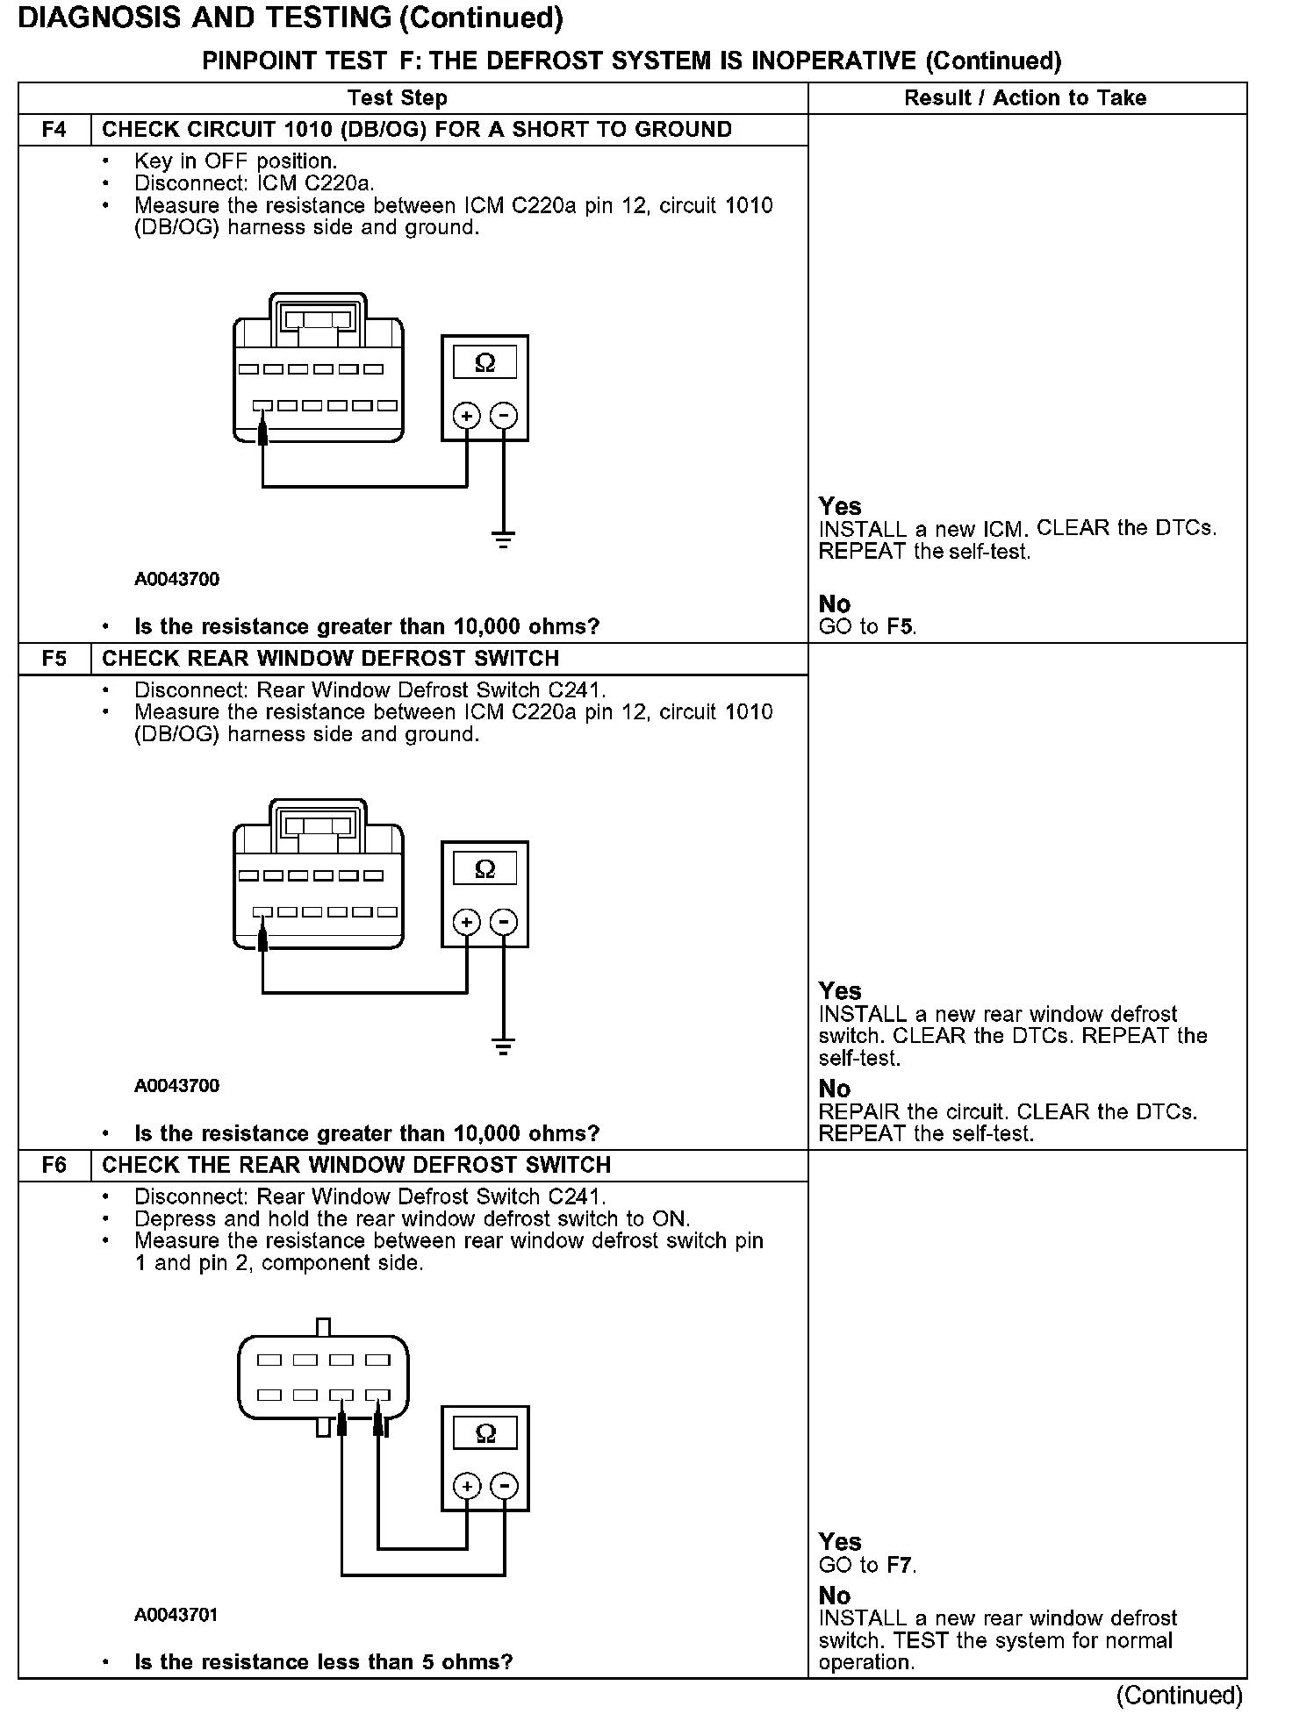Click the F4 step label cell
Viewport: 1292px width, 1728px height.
(x=54, y=130)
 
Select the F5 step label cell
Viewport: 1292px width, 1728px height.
(x=54, y=659)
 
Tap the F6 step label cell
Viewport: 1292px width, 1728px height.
(x=54, y=1165)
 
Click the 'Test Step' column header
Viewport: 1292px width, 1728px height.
(x=398, y=98)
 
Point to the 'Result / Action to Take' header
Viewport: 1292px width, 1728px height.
(x=1025, y=98)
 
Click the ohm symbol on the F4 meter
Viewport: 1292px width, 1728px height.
(x=484, y=362)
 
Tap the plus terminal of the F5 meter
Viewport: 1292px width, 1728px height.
(x=467, y=922)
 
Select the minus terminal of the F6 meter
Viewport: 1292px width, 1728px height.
(x=504, y=1486)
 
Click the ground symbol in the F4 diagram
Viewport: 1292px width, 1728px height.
(x=503, y=539)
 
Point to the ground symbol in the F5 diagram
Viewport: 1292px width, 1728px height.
(x=503, y=1046)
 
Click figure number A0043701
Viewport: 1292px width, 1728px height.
(x=176, y=1615)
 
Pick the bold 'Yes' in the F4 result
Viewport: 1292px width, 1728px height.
(x=840, y=506)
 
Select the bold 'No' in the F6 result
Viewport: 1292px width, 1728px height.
(x=835, y=1596)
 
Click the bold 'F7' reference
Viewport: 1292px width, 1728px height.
(x=900, y=1565)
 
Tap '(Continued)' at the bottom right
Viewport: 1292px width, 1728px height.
(x=1179, y=1696)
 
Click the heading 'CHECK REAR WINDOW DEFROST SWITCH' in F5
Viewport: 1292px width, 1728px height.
(x=331, y=659)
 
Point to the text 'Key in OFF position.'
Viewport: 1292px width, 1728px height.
(x=235, y=161)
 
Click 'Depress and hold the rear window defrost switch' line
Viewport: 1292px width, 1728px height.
(x=413, y=1218)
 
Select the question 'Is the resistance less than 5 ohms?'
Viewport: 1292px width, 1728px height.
(x=323, y=1661)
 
